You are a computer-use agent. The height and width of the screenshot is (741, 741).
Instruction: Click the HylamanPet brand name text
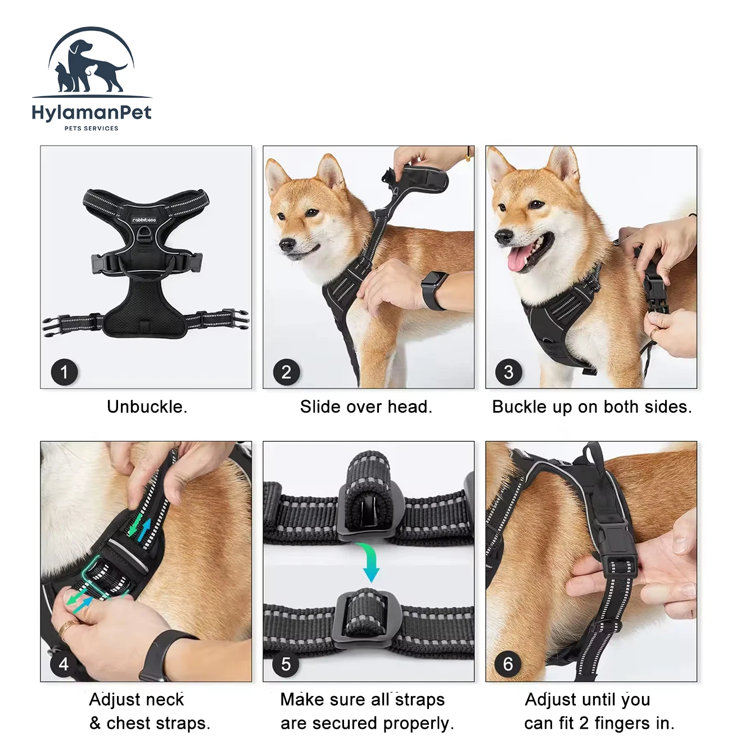coord(92,114)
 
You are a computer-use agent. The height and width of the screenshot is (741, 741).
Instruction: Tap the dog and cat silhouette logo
coord(92,61)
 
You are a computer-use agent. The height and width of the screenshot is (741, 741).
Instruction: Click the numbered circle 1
coord(64,372)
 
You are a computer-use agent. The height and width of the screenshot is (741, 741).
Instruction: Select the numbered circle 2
coord(287,372)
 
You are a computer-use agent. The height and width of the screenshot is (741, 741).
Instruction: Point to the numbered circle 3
coord(509,372)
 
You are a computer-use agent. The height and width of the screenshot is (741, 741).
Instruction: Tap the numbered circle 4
coord(64,664)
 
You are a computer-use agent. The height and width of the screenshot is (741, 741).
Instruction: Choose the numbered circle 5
coord(286,664)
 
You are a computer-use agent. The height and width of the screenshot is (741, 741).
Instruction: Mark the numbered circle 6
coord(508,664)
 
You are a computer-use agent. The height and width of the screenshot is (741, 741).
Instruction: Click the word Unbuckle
coord(147,407)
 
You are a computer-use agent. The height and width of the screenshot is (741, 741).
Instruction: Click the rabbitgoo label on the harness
coord(144,220)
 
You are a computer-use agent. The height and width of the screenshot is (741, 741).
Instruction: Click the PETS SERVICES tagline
coord(92,128)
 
